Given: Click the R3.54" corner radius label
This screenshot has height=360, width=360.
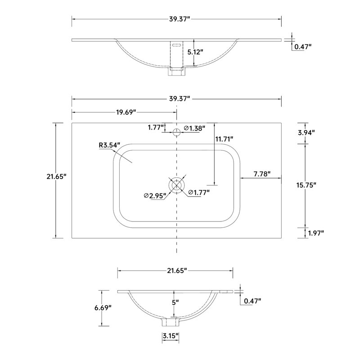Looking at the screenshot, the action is [109, 145].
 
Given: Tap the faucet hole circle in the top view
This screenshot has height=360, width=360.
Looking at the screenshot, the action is [176, 132].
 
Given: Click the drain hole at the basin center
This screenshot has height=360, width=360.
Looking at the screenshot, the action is [176, 184].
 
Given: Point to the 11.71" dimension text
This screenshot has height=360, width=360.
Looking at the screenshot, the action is [224, 139].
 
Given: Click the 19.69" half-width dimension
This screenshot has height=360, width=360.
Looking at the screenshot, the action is [126, 112].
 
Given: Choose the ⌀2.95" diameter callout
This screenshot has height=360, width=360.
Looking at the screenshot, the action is [155, 196].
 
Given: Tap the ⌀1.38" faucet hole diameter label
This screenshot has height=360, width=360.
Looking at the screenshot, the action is [194, 128].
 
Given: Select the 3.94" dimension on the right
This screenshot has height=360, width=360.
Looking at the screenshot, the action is [306, 132].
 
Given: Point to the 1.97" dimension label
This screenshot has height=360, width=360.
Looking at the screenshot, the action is [316, 233].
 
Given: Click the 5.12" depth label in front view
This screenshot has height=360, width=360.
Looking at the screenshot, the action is [195, 52].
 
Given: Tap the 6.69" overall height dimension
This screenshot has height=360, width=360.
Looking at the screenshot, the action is [103, 308].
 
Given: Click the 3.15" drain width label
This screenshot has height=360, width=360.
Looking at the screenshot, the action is [171, 336].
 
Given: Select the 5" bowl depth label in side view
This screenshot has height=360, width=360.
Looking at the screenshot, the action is [175, 302].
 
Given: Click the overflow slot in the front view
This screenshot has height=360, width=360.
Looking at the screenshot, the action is [176, 45].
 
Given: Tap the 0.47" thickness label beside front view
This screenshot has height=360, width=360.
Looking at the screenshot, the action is [303, 47].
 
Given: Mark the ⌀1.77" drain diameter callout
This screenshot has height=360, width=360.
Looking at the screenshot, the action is [199, 193].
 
